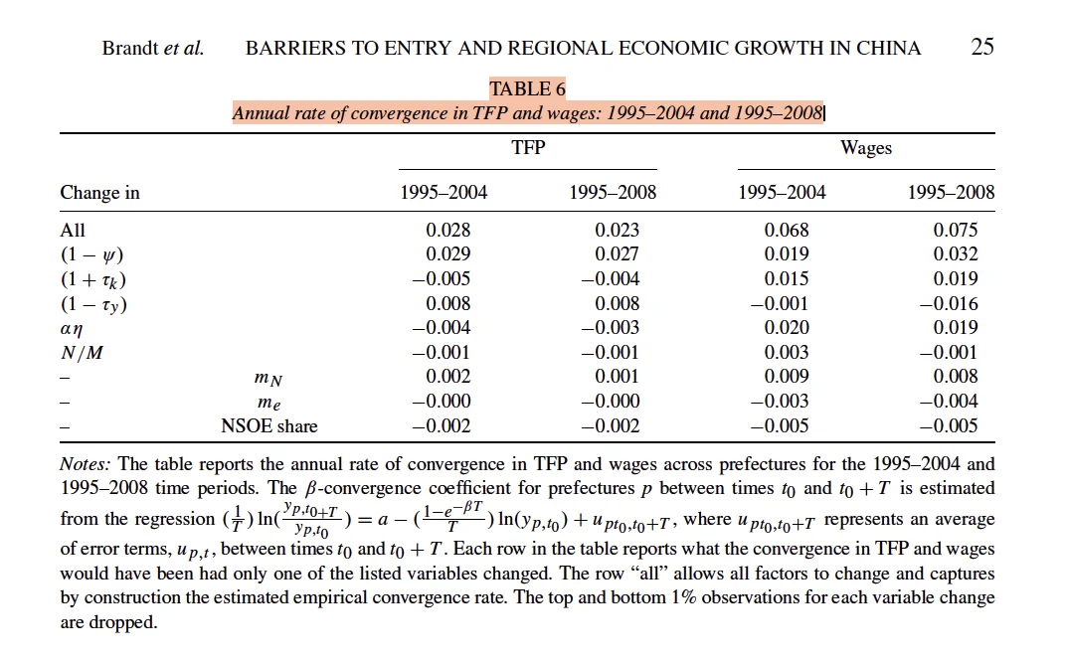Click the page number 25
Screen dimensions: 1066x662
(982, 46)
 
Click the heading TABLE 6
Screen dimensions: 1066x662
(528, 89)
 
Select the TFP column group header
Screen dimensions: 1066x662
(528, 147)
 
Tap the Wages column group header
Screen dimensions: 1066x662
(866, 148)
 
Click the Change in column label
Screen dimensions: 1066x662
(99, 193)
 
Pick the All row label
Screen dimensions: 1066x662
(73, 231)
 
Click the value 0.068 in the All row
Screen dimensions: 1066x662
(787, 231)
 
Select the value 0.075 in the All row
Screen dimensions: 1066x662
(956, 231)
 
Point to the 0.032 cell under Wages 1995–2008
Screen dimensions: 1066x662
(956, 254)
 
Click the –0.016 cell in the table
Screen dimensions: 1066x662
(949, 304)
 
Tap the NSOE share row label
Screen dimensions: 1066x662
(269, 426)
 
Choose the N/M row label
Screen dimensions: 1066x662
(82, 353)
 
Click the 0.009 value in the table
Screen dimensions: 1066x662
(787, 377)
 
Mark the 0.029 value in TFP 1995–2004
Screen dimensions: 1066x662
(448, 254)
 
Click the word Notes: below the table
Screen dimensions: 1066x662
(85, 464)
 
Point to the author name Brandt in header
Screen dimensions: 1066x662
(130, 49)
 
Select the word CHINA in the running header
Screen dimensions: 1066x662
(889, 49)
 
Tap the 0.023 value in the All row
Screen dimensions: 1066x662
(618, 231)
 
